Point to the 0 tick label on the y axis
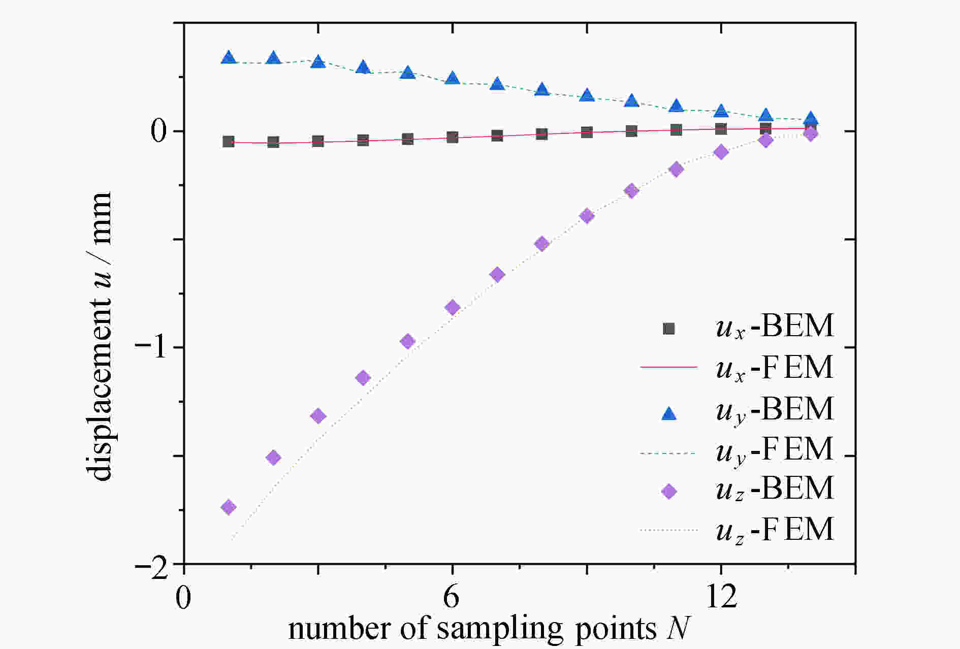tap(159, 132)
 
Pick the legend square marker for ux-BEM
tap(669, 329)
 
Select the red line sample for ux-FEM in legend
tap(668, 367)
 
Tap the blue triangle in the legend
tap(669, 413)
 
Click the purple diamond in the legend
tap(669, 491)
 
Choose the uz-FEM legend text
tap(775, 529)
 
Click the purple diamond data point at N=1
tap(229, 507)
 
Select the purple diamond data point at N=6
tap(453, 307)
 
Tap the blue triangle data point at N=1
tap(229, 57)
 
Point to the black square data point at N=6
tap(453, 137)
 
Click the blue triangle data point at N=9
tap(587, 95)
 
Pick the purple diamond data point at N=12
tap(721, 152)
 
